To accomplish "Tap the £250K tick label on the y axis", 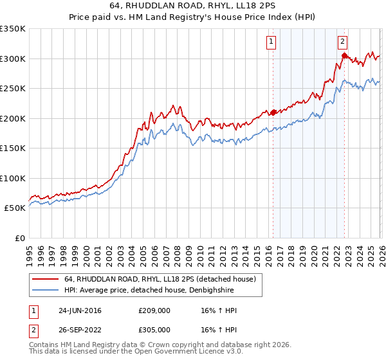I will pyautogui.click(x=12, y=89).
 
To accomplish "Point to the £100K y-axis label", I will pyautogui.click(x=12, y=179).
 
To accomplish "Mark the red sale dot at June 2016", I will pyautogui.click(x=273, y=113).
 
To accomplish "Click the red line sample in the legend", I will pyautogui.click(x=46, y=279).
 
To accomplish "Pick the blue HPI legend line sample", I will pyautogui.click(x=46, y=290).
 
